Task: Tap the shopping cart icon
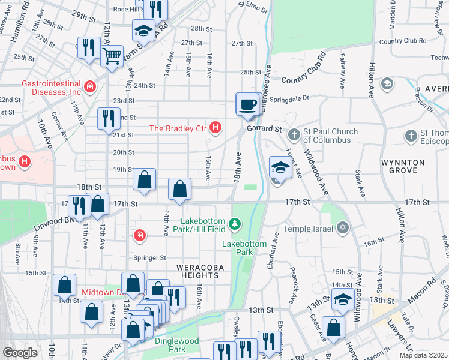pos(112,56)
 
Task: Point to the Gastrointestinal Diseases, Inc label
pos(51,88)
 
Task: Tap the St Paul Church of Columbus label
pos(330,136)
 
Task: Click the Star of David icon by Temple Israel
pos(343,227)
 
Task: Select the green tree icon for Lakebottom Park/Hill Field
pos(235,224)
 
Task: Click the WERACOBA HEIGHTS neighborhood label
pos(196,270)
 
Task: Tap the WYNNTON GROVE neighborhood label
pos(402,166)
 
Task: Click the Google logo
pos(20,353)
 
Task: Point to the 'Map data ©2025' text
pos(423,355)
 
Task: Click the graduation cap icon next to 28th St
pos(143,30)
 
